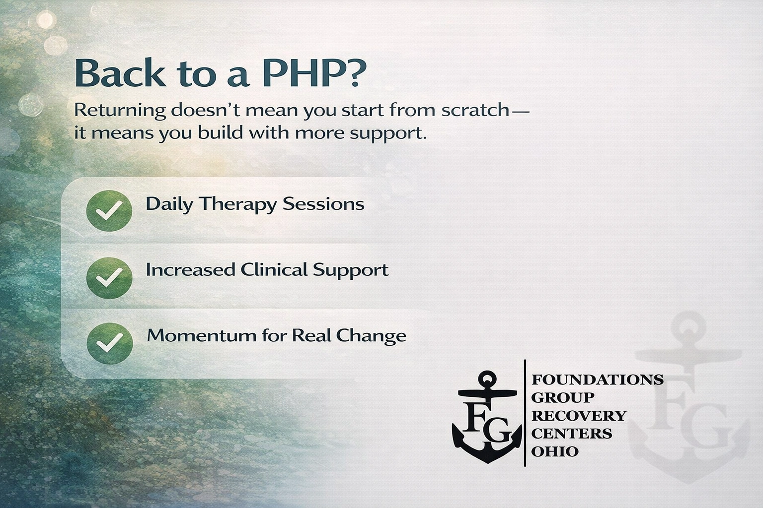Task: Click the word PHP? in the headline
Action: pyautogui.click(x=314, y=73)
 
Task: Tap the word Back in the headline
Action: pyautogui.click(x=120, y=73)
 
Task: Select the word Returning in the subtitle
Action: pyautogui.click(x=120, y=111)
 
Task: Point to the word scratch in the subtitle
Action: pyautogui.click(x=475, y=110)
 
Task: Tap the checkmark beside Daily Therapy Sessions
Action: pyautogui.click(x=109, y=211)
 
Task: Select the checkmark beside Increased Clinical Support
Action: pyautogui.click(x=109, y=278)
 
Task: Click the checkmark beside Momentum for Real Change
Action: pyautogui.click(x=109, y=343)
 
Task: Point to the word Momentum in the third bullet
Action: pyautogui.click(x=202, y=336)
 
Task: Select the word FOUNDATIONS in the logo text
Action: pyautogui.click(x=598, y=380)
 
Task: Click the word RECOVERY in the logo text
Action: pyautogui.click(x=579, y=415)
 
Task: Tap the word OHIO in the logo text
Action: pyautogui.click(x=555, y=451)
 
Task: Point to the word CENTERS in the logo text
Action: pyautogui.click(x=572, y=434)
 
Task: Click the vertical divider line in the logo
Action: pyautogui.click(x=525, y=413)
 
